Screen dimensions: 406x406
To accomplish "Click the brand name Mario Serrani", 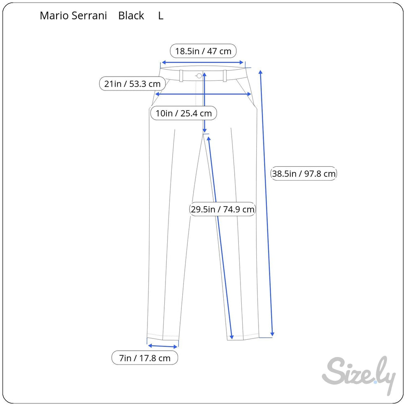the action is click(73, 16).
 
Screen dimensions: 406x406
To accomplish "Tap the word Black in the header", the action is click(131, 16).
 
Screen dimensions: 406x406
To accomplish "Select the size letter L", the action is click(160, 16).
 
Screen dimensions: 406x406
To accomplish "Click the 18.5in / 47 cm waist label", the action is click(203, 51).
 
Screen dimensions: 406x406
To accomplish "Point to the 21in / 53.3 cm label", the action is click(132, 84).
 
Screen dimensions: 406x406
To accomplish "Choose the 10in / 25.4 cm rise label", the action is click(184, 113).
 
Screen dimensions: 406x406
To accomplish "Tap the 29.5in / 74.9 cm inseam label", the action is click(222, 209).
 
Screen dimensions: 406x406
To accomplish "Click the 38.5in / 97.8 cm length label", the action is click(304, 173).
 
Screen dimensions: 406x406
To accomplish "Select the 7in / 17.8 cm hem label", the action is click(145, 358).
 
